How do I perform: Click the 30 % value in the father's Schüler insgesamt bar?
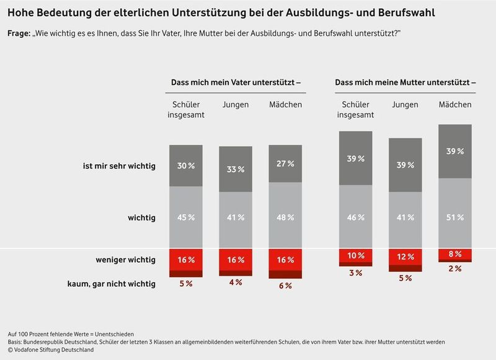[x=186, y=165]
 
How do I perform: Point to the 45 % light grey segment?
[x=186, y=217]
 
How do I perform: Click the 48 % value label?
[x=285, y=217]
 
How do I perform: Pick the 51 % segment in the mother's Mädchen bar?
[x=454, y=217]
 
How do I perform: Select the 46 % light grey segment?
[x=355, y=217]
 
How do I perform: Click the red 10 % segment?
[x=355, y=256]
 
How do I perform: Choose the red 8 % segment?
[x=454, y=253]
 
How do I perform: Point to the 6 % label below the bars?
[x=285, y=286]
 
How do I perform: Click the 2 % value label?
[x=454, y=268]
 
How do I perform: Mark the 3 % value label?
[x=355, y=273]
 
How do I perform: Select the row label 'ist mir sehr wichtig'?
[x=119, y=165]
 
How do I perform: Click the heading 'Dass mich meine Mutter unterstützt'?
[x=405, y=82]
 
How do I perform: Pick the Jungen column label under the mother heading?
[x=405, y=105]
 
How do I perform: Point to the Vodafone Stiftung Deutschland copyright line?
[x=51, y=350]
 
